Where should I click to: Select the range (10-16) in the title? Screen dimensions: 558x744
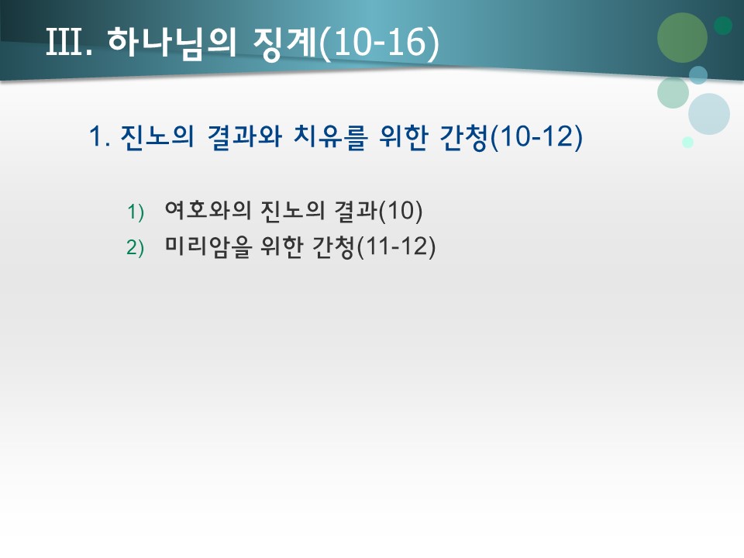coord(379,43)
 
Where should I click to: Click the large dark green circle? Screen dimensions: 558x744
coord(682,37)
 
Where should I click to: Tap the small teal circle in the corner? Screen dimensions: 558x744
coord(723,26)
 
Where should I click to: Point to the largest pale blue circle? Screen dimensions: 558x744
coord(708,114)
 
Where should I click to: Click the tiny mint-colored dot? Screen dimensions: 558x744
coord(687,142)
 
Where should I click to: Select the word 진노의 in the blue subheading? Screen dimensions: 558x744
coord(158,138)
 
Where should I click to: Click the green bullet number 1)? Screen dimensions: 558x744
coord(136,211)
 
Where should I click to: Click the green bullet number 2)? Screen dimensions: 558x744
coord(136,247)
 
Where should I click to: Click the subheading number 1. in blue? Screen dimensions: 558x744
coord(101,138)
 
